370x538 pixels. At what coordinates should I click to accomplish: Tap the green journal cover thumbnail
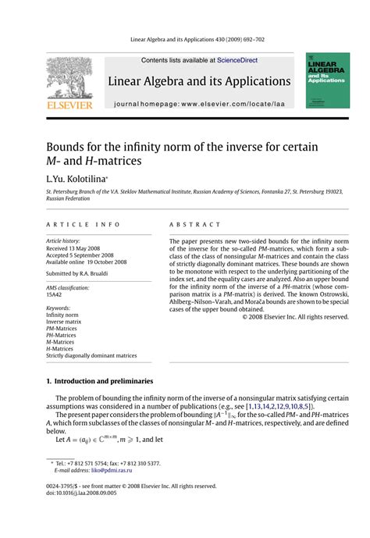pos(322,80)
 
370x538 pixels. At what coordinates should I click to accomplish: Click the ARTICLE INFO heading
pos(74,224)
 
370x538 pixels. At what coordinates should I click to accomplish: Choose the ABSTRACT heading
pos(192,224)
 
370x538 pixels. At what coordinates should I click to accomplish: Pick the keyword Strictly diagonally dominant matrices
pos(91,356)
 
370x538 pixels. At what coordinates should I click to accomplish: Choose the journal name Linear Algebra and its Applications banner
pos(198,81)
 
